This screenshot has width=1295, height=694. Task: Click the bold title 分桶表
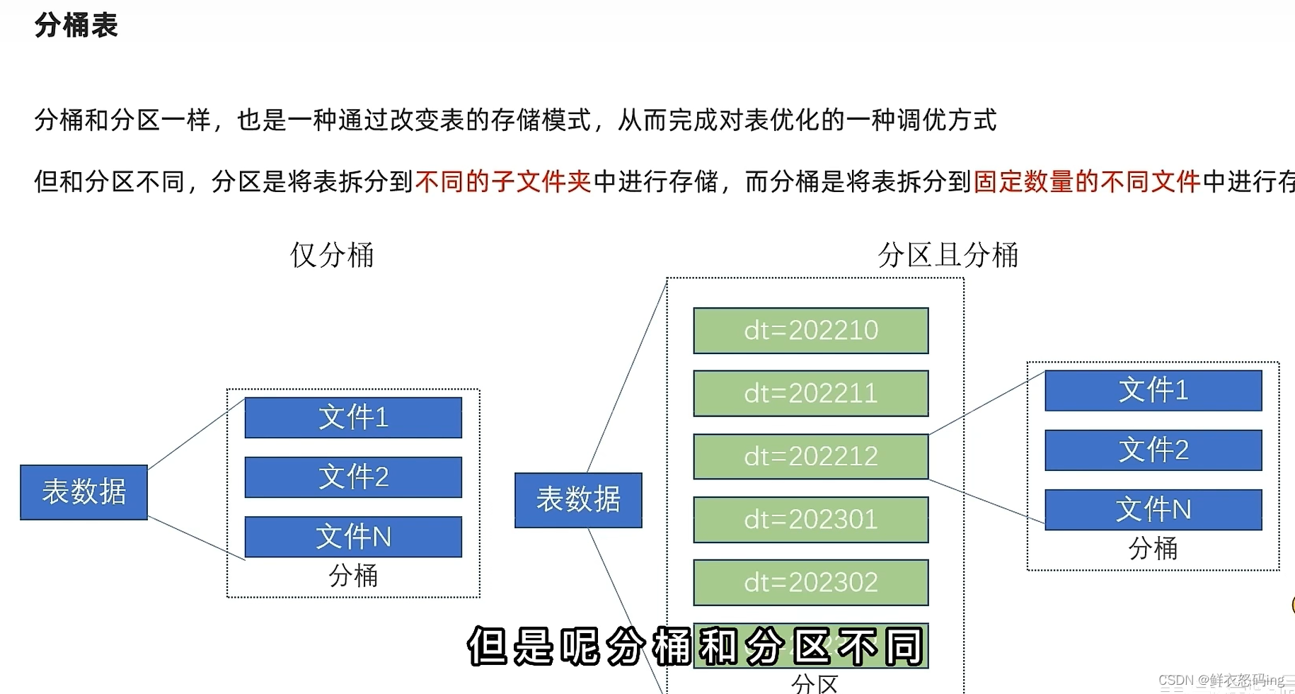tap(76, 25)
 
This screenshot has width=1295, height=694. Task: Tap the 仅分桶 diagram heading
tap(332, 255)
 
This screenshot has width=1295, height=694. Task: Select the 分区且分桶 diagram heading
tap(948, 255)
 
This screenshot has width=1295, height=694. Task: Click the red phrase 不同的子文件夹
tap(503, 182)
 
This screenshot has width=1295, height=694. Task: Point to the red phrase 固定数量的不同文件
tap(1087, 182)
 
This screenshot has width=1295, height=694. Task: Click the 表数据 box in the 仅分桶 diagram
tap(84, 492)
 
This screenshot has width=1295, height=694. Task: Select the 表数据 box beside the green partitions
tap(578, 500)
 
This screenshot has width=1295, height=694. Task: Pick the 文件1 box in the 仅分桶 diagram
tap(353, 417)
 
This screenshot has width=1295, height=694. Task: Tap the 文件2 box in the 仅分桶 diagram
tap(353, 477)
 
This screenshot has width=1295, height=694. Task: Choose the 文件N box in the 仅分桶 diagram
tap(353, 536)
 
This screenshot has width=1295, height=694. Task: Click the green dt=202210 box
tap(811, 331)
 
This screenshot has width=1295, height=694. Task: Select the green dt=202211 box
tap(811, 393)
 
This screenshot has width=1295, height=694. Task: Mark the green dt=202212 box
tap(811, 456)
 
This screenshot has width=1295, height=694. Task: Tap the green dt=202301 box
tap(811, 519)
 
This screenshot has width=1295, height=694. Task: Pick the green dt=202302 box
tap(811, 582)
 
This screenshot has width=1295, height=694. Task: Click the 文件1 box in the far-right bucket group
tap(1153, 390)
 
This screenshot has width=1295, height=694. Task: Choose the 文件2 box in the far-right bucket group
tap(1153, 450)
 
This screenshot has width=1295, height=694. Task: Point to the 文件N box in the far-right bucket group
tap(1153, 509)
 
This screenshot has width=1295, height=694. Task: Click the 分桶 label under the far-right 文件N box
tap(1153, 548)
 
